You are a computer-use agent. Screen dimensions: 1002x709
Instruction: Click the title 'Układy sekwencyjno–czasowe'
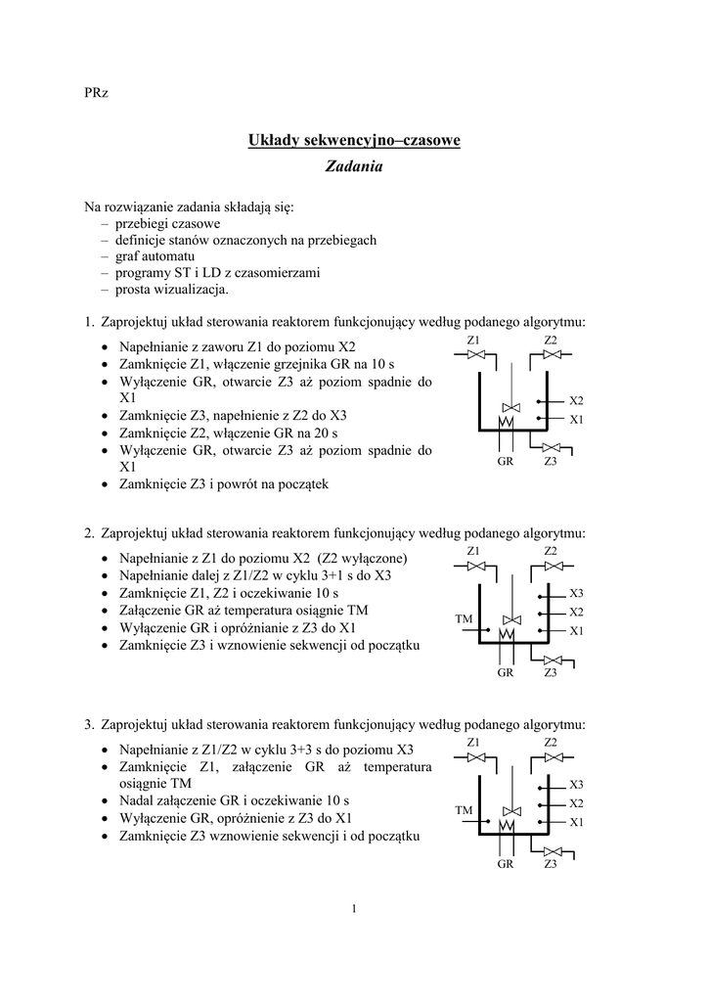tap(354, 140)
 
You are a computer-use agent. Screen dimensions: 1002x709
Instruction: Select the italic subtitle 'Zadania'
tap(354, 166)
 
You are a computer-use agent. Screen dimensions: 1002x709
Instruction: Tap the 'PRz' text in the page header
tap(96, 93)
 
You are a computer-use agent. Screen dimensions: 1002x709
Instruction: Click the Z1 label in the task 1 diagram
tap(473, 340)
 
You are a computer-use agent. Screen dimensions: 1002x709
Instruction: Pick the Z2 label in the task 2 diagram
tap(551, 552)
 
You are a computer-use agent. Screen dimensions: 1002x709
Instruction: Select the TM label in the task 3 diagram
tap(464, 811)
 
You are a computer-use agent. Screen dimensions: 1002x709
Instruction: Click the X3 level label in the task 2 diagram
tap(576, 594)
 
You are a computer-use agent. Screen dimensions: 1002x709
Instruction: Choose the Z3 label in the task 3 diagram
tap(551, 864)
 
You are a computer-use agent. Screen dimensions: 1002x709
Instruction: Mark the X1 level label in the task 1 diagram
tap(576, 420)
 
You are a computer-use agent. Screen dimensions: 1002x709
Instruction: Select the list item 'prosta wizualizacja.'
tap(171, 290)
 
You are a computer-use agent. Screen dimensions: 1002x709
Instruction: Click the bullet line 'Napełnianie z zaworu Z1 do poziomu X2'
tap(238, 347)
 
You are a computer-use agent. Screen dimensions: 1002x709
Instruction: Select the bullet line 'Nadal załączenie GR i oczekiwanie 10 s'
tap(234, 799)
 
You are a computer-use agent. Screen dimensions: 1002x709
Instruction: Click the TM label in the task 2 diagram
tap(464, 619)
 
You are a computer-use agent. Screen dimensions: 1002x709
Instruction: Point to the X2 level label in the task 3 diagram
tap(576, 803)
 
